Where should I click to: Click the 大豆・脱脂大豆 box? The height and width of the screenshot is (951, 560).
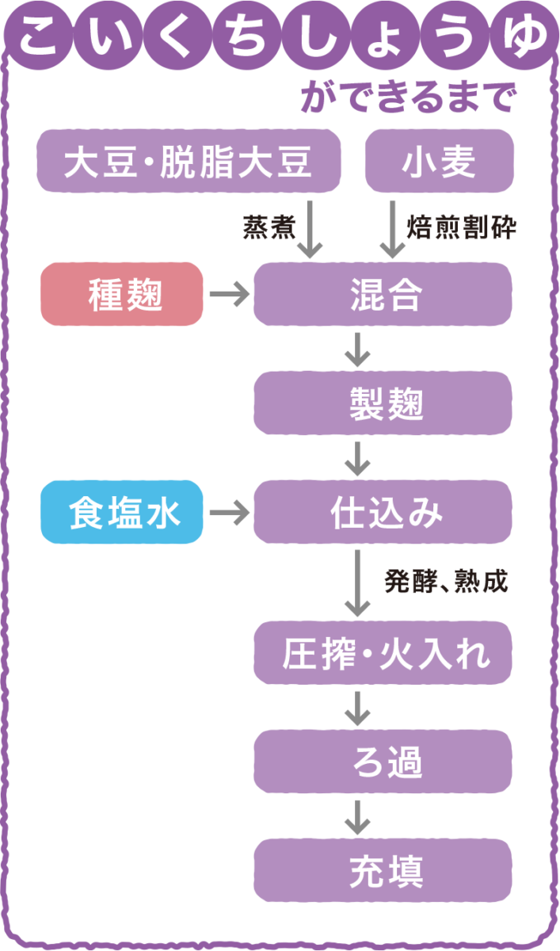tap(189, 164)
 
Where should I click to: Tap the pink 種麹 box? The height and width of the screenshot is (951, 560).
tap(122, 295)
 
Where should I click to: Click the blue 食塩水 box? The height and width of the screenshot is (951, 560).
tap(122, 513)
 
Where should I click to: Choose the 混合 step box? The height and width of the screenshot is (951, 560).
tap(383, 295)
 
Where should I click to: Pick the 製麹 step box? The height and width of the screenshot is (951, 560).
tap(383, 406)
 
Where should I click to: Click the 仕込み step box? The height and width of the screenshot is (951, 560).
tap(383, 513)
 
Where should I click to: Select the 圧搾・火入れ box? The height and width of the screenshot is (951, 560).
tap(383, 655)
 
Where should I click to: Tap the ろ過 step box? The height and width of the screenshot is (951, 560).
tap(383, 764)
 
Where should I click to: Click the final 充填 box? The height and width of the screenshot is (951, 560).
tap(383, 871)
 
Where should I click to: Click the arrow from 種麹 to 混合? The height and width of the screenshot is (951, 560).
tap(228, 295)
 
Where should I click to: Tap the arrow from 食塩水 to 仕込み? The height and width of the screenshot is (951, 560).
tap(228, 513)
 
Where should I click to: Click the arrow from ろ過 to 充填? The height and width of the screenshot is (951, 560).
tap(359, 816)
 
